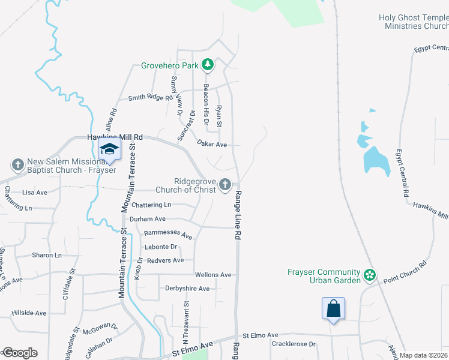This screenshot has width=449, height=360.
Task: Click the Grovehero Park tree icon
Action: pos(208,64)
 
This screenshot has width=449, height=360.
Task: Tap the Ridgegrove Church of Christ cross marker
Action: pos(225,185)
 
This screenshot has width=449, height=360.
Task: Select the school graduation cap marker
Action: pos(109,150)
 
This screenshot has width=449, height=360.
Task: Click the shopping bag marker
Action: pos(333,310)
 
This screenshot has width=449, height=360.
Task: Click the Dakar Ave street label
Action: pos(212,145)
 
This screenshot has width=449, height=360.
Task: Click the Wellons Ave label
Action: pos(213,275)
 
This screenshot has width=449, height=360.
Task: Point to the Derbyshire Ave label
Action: pos(187,289)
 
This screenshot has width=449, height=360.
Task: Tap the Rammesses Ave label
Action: pos(168,234)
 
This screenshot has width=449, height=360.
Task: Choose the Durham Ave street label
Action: pos(151,220)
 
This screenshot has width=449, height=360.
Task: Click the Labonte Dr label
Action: pos(161,247)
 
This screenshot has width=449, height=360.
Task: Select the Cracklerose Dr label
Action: pos(293,344)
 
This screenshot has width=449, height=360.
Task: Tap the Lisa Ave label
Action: pos(34,193)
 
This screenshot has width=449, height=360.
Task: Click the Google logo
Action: pos(20,353)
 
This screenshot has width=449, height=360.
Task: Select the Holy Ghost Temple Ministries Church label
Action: pos(413,22)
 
